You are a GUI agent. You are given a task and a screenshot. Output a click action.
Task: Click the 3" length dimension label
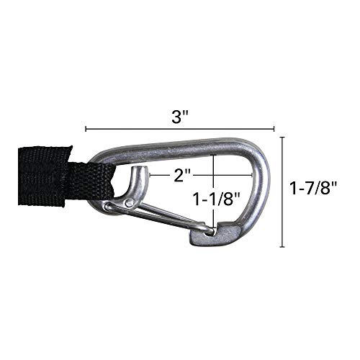tap(179, 116)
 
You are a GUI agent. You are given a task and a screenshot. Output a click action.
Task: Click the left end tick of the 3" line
tap(86, 129)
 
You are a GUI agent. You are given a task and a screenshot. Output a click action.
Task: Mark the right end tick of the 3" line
tap(274, 129)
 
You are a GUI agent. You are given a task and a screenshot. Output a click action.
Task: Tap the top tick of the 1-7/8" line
tap(283, 138)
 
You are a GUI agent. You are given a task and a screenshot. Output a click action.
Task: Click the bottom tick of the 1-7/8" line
tap(283, 246)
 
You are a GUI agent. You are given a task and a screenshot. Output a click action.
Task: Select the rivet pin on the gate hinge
tap(130, 203)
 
